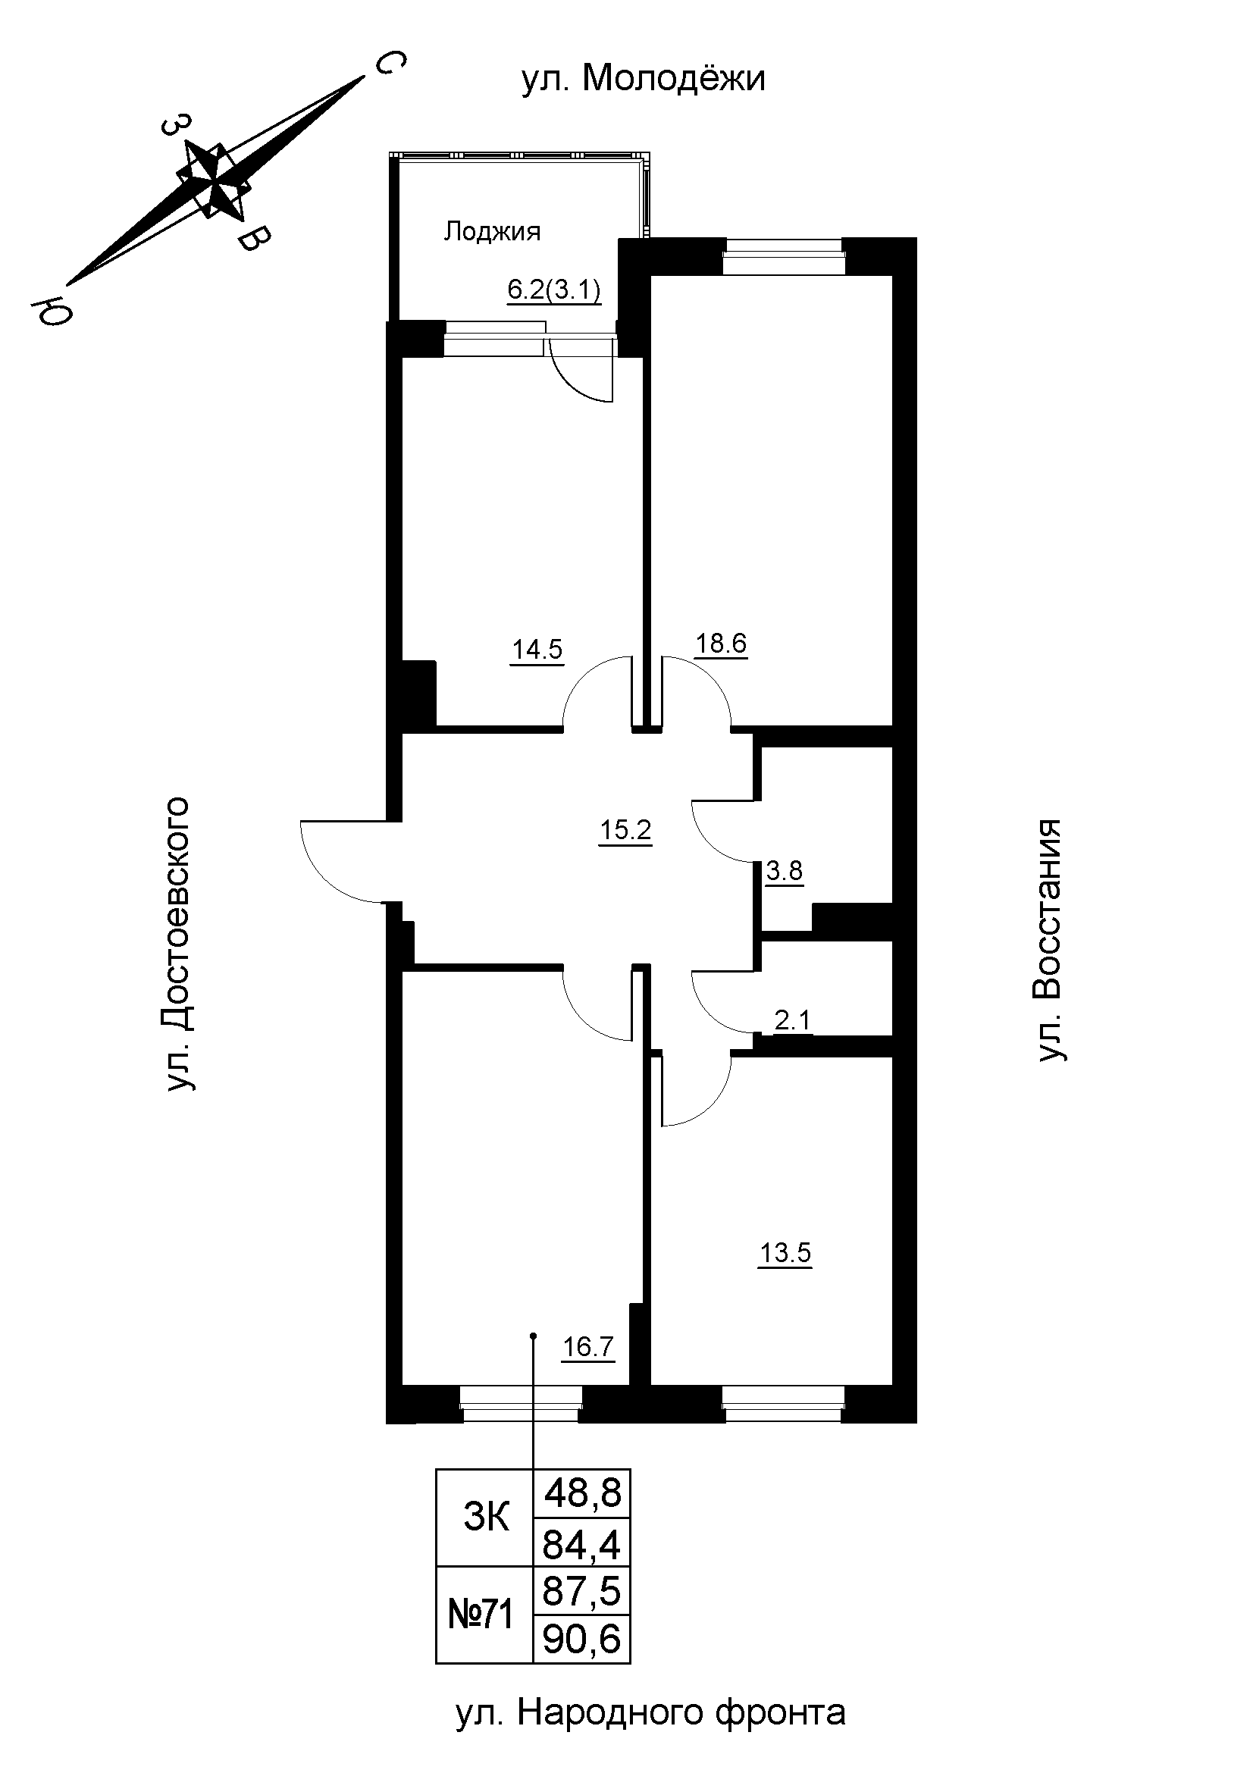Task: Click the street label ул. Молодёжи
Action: pyautogui.click(x=643, y=79)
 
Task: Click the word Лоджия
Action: pyautogui.click(x=492, y=231)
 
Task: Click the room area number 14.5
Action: pyautogui.click(x=537, y=650)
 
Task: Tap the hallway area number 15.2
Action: pyautogui.click(x=625, y=831)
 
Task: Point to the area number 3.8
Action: pyautogui.click(x=785, y=871)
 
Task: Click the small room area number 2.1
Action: pyautogui.click(x=792, y=1020)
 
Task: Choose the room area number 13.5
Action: pyautogui.click(x=785, y=1252)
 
